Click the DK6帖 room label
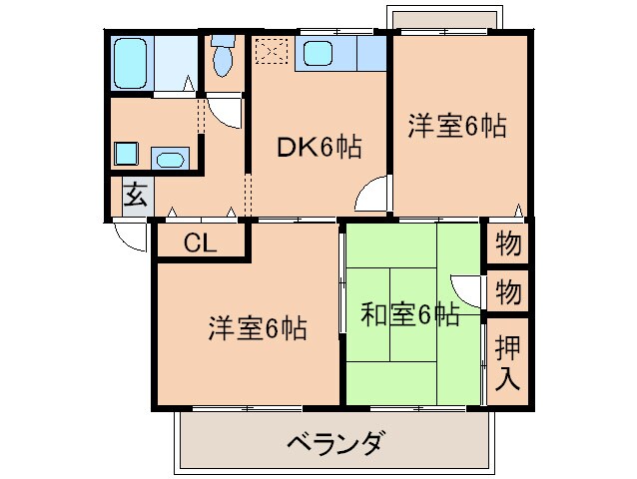tap(318, 148)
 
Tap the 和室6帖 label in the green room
tap(409, 315)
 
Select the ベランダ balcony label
tap(335, 442)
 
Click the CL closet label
tap(200, 242)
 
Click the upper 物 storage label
tap(507, 242)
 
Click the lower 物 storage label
tap(507, 292)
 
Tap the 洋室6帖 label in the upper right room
tap(456, 126)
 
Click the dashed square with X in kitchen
tap(271, 51)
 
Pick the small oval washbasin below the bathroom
tap(171, 158)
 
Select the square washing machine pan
tap(126, 154)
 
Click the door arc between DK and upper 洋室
tap(373, 192)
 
